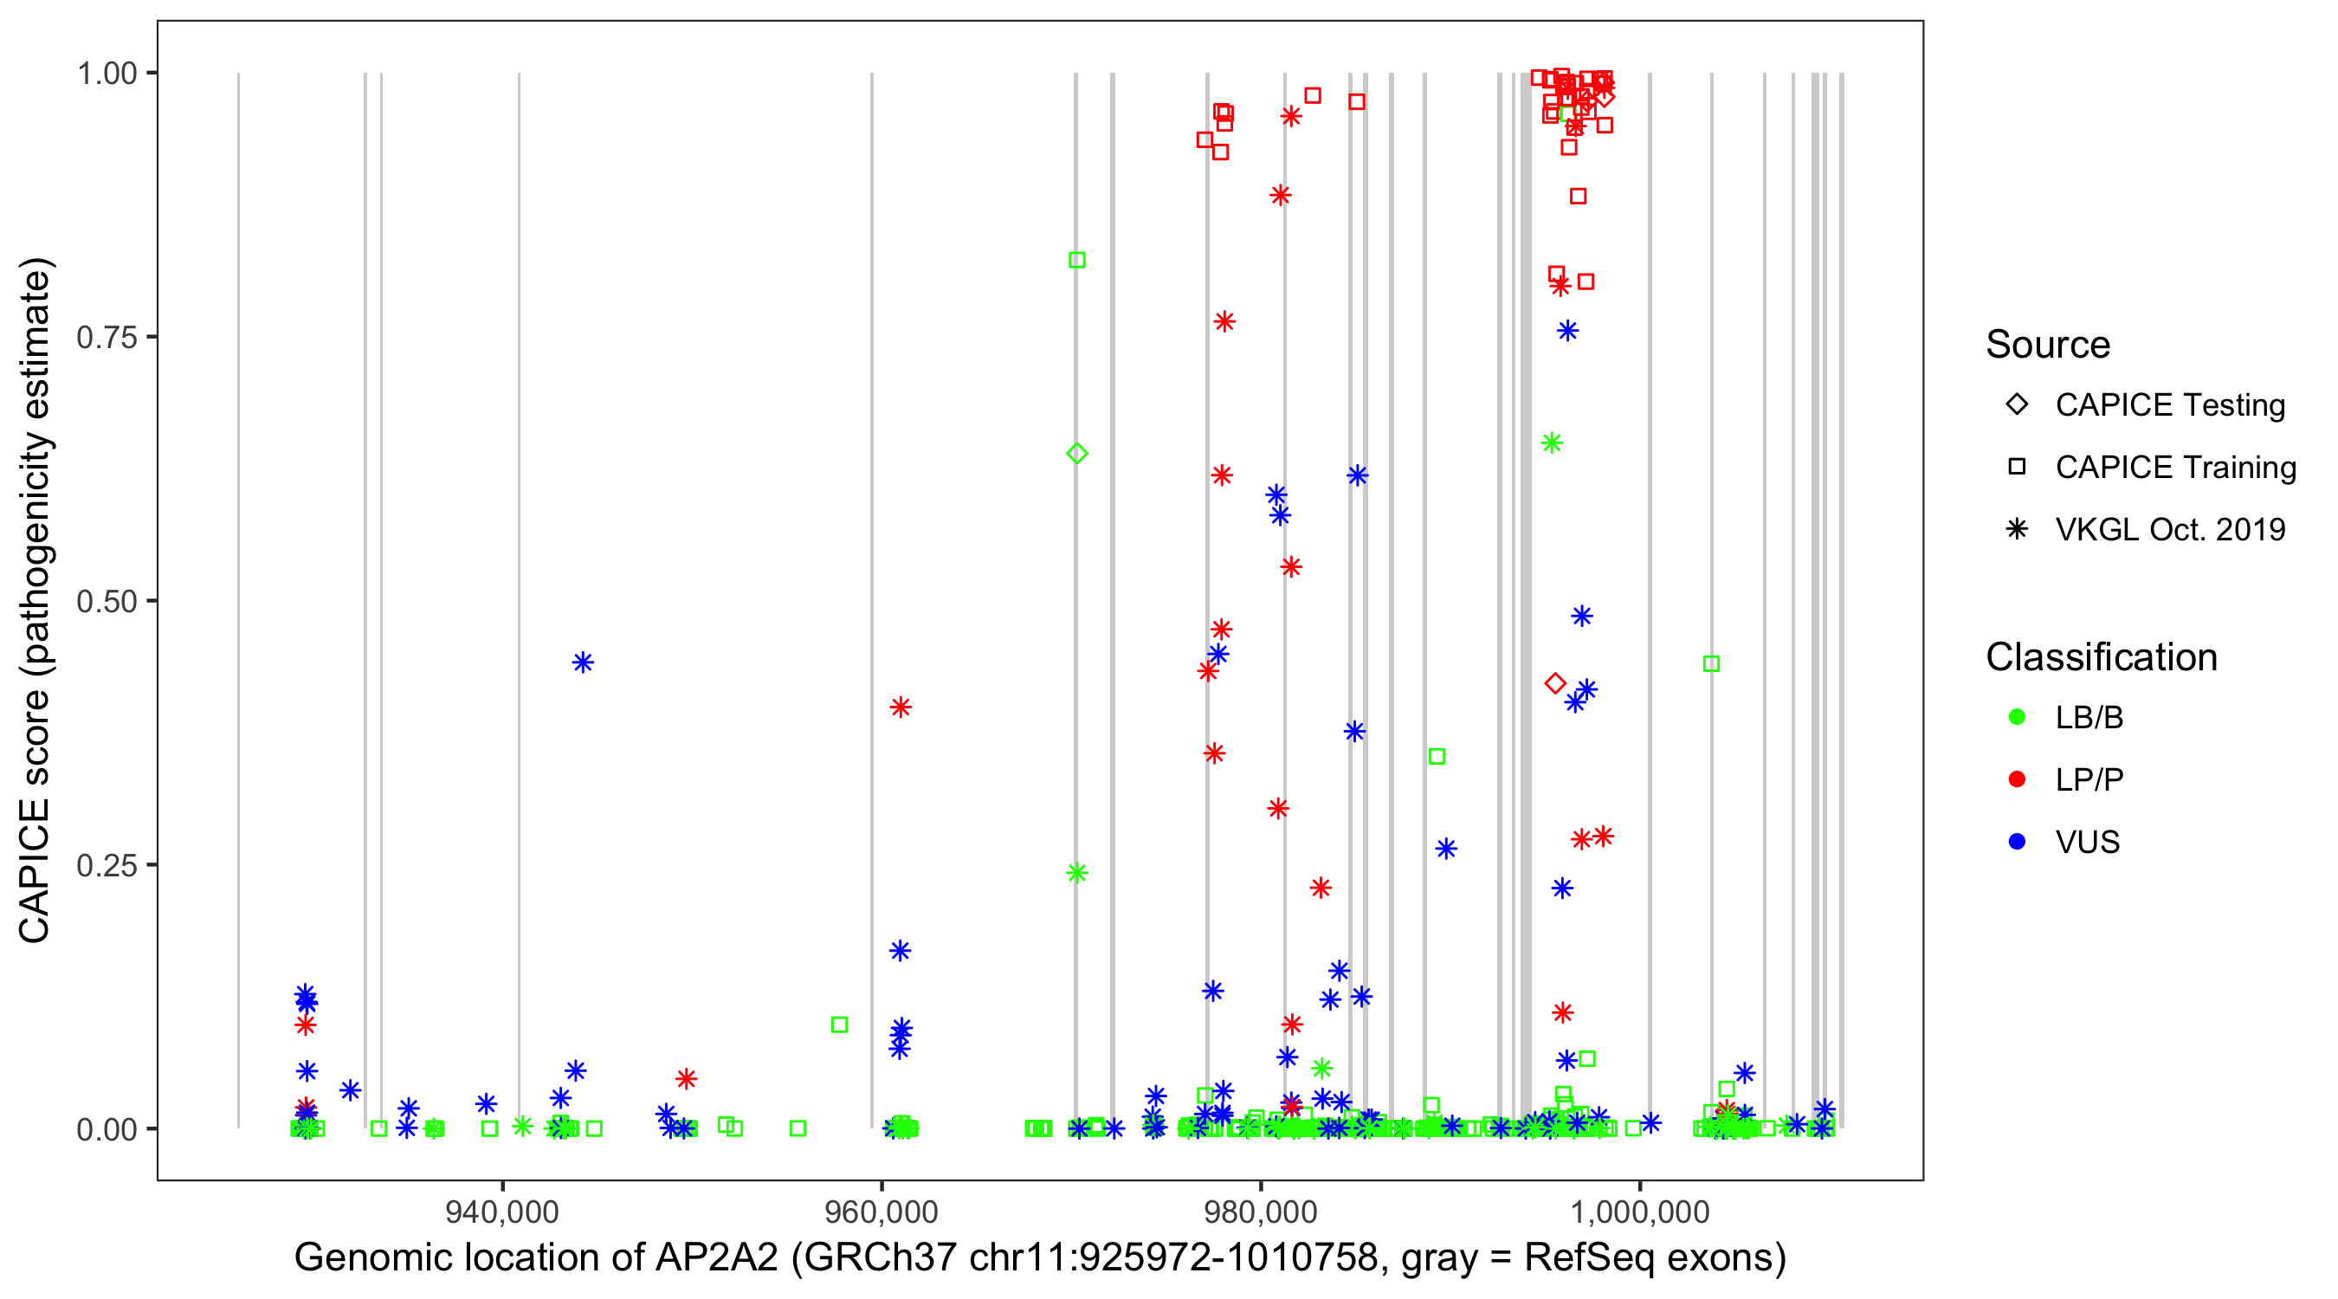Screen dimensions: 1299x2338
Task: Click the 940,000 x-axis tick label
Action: click(502, 1212)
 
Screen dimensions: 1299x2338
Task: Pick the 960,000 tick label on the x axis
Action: click(882, 1212)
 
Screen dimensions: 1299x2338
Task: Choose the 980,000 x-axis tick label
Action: click(1261, 1212)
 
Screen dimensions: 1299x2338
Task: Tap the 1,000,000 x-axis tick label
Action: click(1639, 1212)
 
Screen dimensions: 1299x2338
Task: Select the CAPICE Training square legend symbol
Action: click(2017, 468)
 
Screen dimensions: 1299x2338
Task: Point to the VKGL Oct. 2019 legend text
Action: click(2170, 530)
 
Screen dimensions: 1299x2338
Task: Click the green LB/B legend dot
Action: click(2017, 718)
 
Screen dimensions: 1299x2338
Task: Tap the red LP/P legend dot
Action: click(2017, 779)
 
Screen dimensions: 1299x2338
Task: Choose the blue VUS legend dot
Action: click(2017, 843)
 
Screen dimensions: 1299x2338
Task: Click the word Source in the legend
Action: click(2048, 345)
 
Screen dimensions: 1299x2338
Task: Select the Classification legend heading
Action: click(2101, 657)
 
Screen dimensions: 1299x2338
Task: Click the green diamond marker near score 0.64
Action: click(1076, 454)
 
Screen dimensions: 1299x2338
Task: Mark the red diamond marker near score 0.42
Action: click(1554, 683)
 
